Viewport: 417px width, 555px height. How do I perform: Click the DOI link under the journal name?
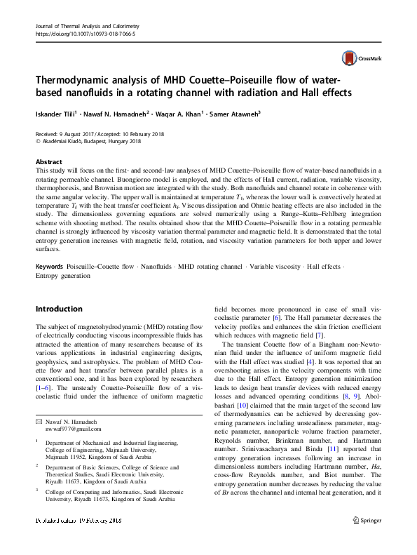[x=75, y=33]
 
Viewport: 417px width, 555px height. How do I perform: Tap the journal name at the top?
[x=83, y=25]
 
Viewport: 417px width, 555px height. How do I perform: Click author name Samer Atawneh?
[x=237, y=113]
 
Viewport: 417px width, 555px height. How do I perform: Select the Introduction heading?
[x=58, y=309]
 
